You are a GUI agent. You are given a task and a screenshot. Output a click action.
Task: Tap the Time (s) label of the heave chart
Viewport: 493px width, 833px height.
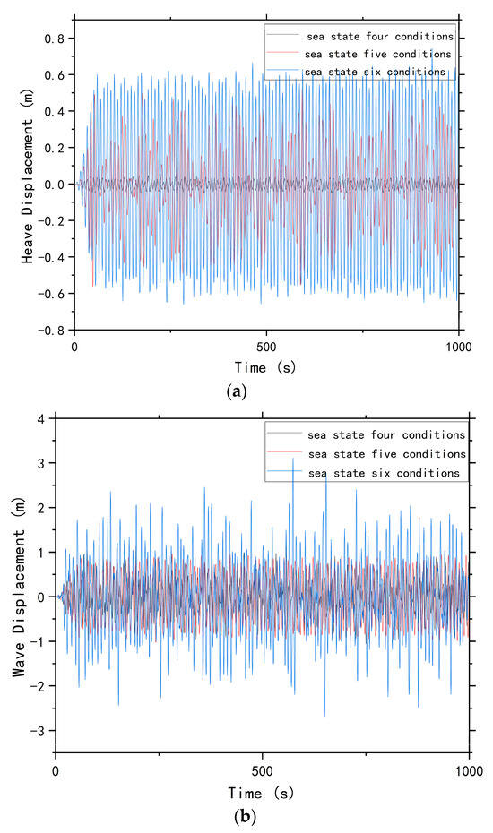(266, 366)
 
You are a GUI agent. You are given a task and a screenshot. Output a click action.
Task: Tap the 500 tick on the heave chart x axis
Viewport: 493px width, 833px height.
(266, 345)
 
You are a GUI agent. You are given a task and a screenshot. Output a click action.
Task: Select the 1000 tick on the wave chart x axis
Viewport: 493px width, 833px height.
(468, 769)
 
